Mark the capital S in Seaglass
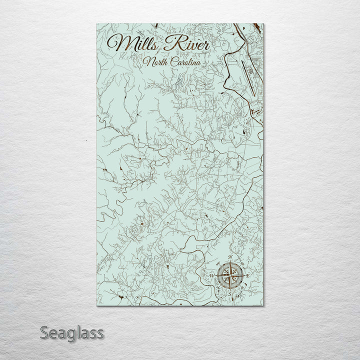[44, 332]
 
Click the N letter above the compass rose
[230, 257]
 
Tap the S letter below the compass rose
[230, 294]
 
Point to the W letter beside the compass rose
[211, 275]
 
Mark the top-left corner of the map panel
[96, 23]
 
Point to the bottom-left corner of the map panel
[96, 305]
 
